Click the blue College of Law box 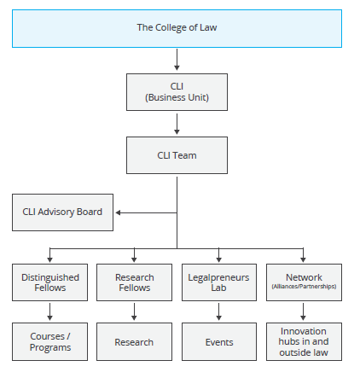coord(177,28)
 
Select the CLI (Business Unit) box coord(177,92)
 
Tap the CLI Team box coord(177,155)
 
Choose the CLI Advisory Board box coord(62,212)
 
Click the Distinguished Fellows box coord(49,282)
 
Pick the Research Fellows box coord(134,282)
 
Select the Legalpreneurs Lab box coord(219,282)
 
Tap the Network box coord(304,282)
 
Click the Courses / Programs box coord(49,341)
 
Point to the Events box coord(219,341)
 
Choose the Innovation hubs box coord(304,341)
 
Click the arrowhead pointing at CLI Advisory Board coord(118,212)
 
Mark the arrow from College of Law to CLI coord(177,60)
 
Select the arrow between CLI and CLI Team coord(177,124)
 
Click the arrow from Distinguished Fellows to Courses coord(49,311)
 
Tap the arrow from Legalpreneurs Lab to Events coord(218,311)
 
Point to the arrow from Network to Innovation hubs coord(303,311)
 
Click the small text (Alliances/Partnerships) coord(304,287)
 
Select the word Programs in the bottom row coord(50,348)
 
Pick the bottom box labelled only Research coord(134,341)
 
